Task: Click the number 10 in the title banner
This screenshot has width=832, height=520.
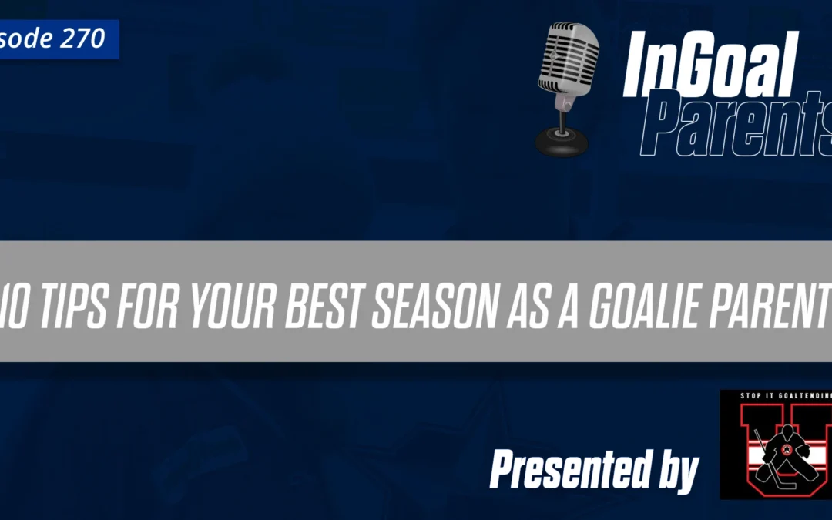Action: [x=15, y=301]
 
